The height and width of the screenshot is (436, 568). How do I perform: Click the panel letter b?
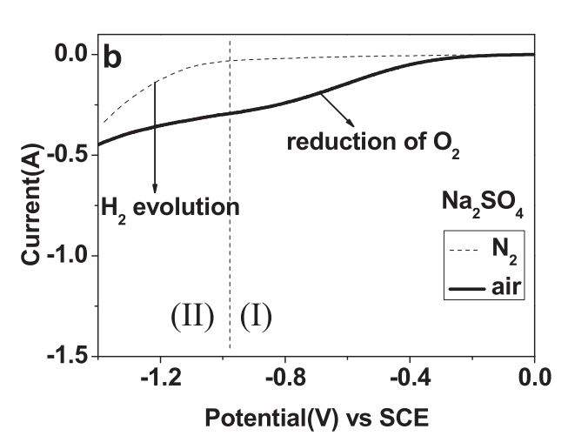click(113, 57)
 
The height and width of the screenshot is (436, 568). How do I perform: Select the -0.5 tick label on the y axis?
click(70, 155)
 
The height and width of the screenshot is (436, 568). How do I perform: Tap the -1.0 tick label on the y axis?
click(70, 256)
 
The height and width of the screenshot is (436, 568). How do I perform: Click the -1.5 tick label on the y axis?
click(70, 356)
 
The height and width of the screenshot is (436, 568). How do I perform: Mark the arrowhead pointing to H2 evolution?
click(156, 188)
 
